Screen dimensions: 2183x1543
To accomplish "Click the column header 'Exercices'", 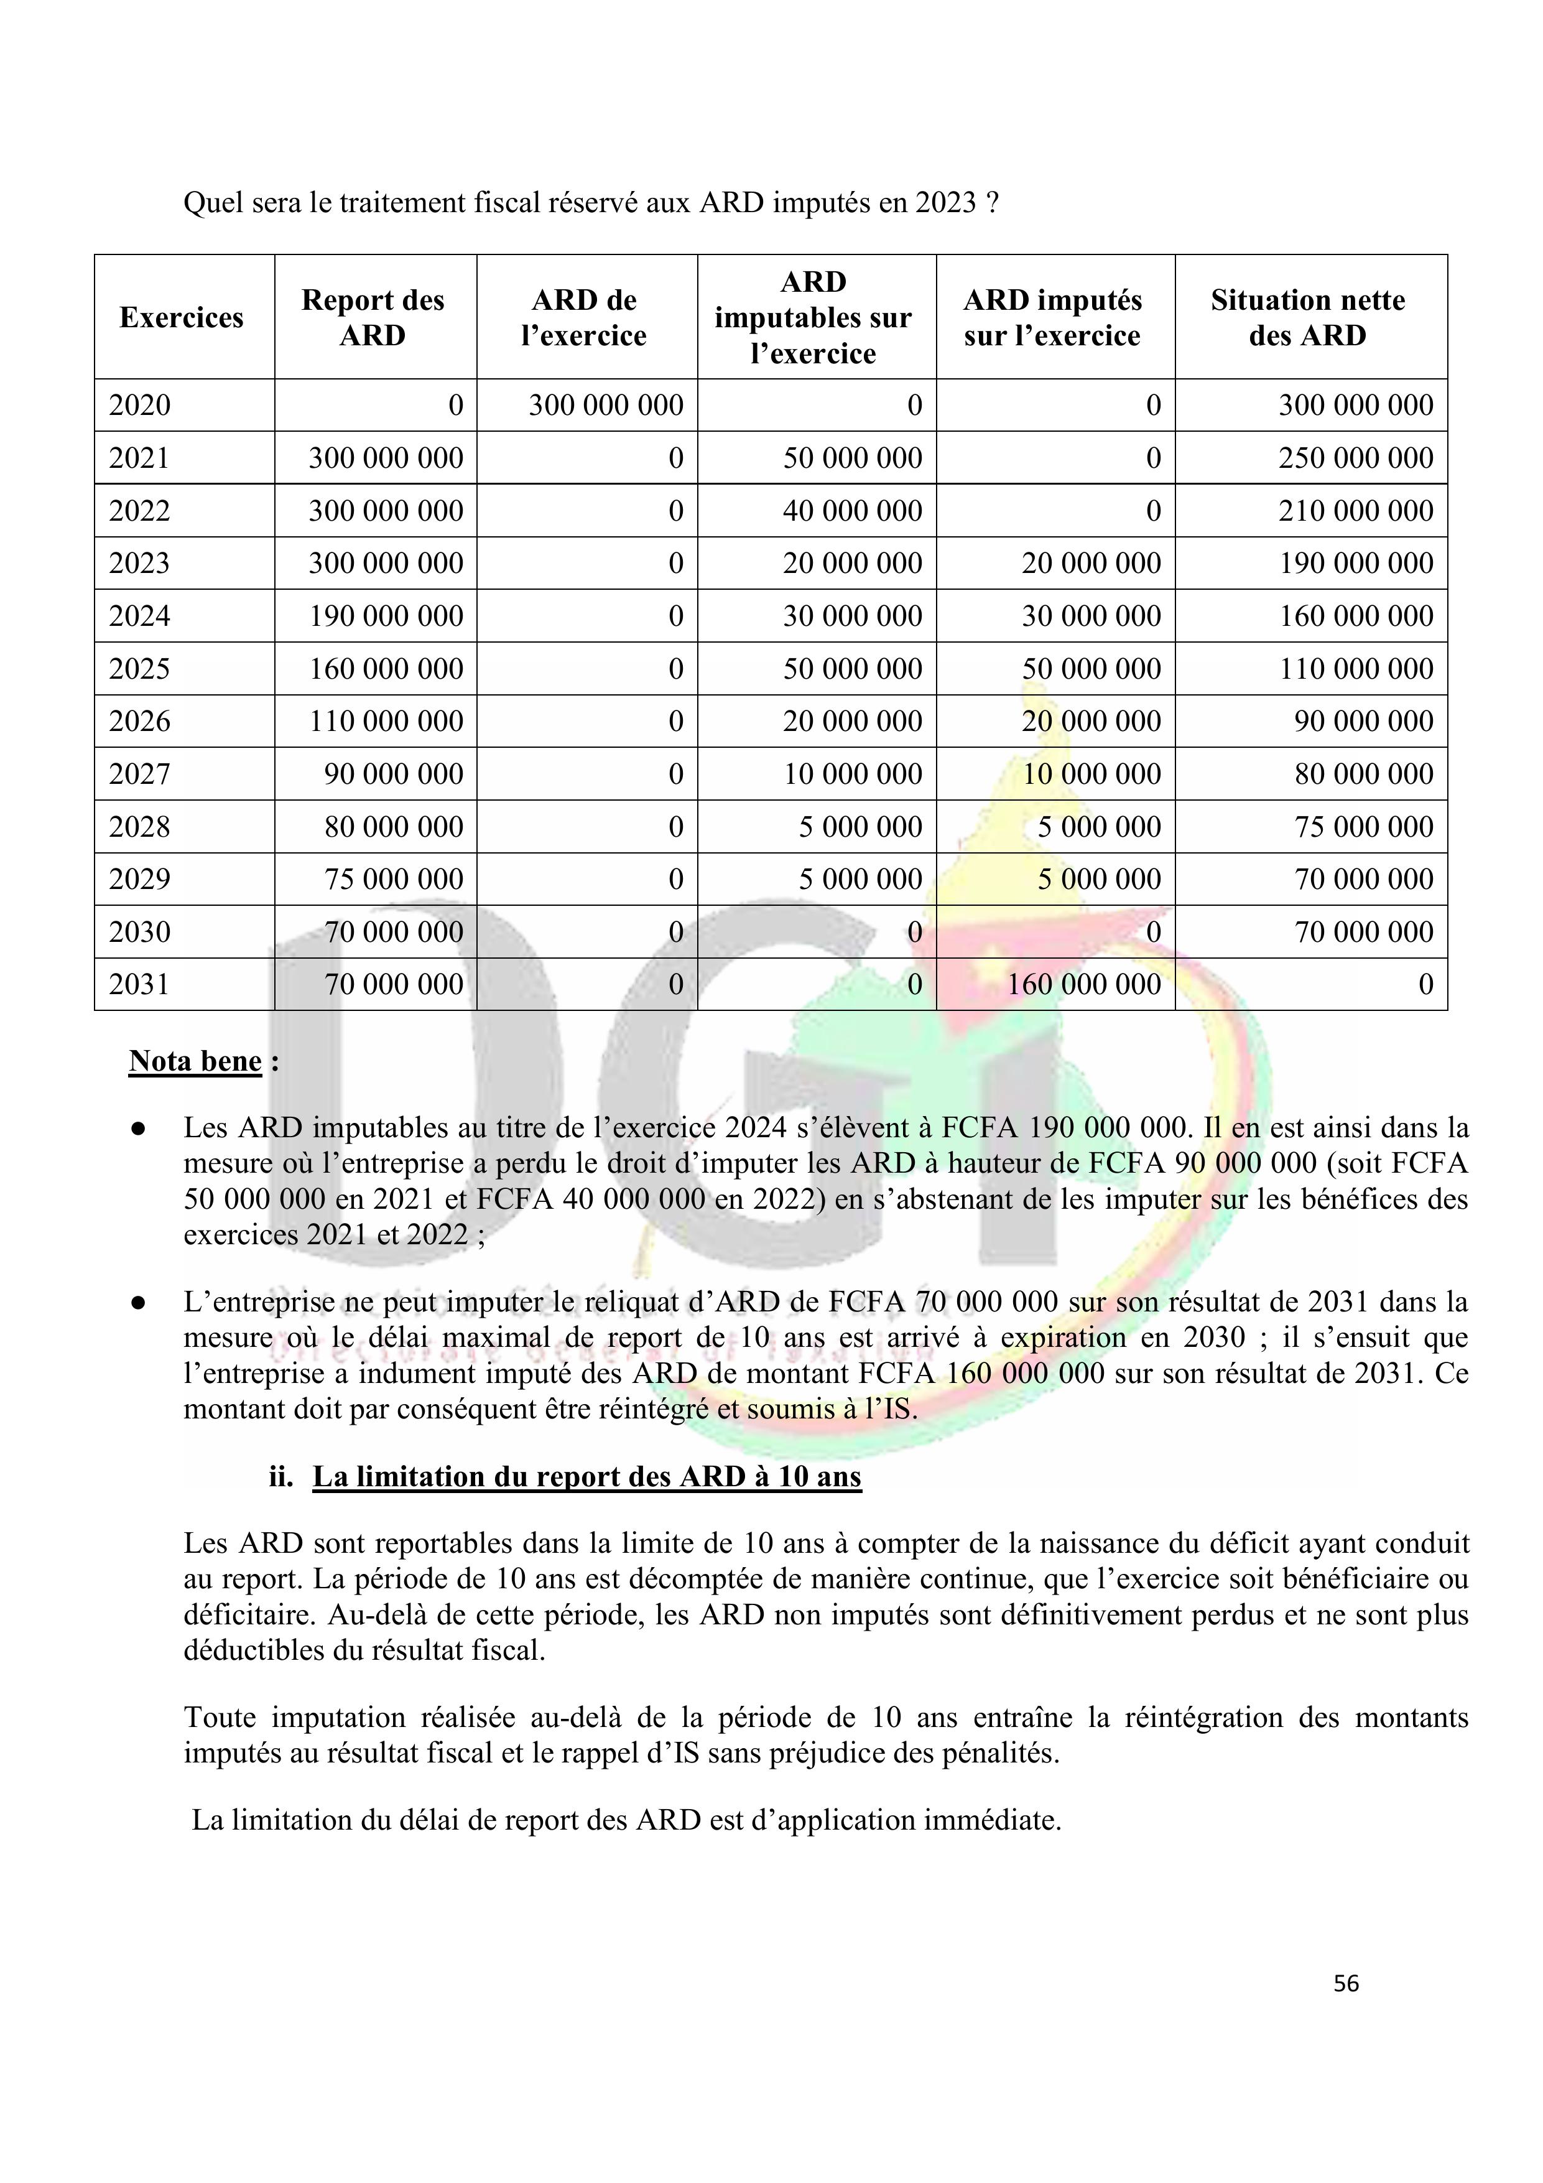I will (182, 317).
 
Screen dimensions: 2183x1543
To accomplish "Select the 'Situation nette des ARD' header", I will (1307, 317).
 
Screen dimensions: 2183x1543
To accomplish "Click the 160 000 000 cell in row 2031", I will (1084, 984).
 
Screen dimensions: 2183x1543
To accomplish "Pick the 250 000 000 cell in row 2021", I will (1355, 458).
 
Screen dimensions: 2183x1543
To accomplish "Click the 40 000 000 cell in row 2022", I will (852, 511).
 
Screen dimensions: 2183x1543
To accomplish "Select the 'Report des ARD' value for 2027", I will (394, 774).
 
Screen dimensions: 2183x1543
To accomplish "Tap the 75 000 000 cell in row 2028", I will (1363, 826).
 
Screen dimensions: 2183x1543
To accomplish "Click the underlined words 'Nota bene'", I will (195, 1061).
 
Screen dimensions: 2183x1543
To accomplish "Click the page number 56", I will (1345, 1983).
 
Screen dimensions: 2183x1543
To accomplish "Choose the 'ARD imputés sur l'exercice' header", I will (1052, 317).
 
